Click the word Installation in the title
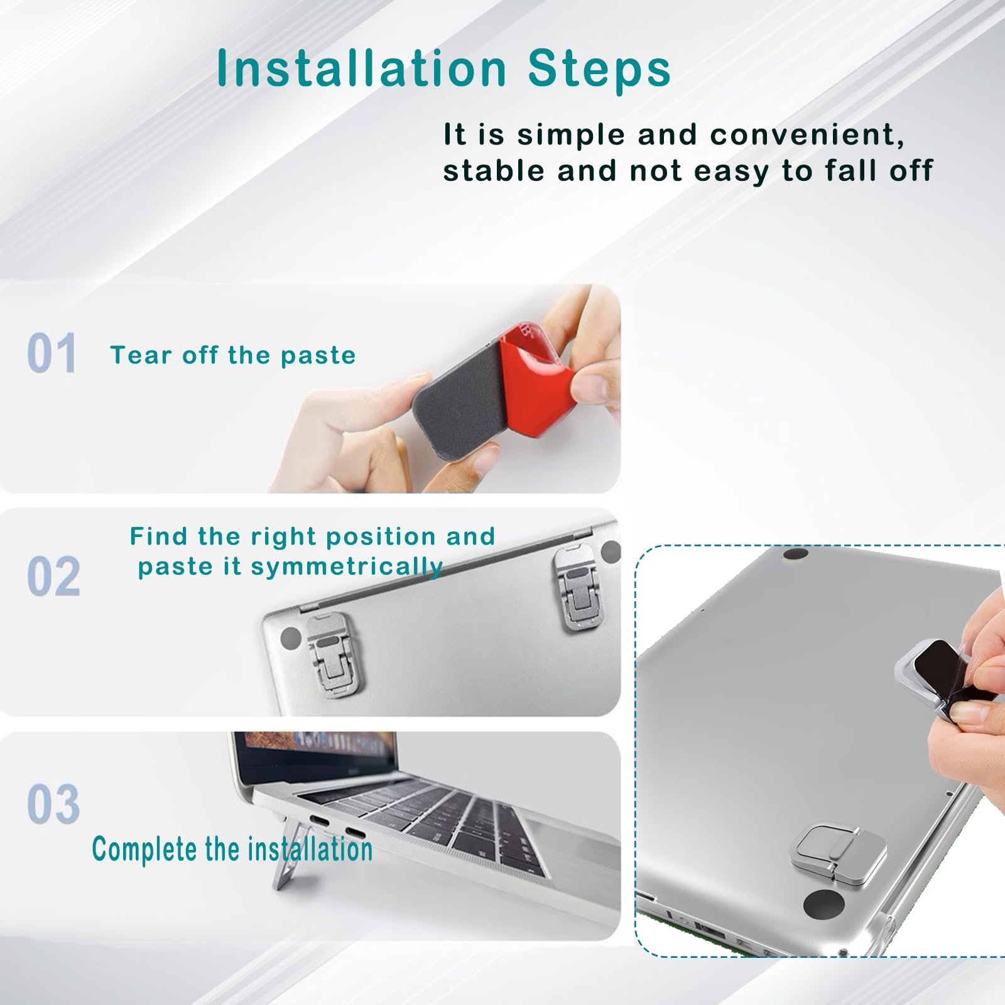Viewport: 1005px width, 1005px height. (x=361, y=68)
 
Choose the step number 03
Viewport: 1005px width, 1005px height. (x=53, y=803)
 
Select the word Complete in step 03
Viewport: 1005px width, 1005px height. (x=146, y=849)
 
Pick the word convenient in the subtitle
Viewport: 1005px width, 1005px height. (x=807, y=135)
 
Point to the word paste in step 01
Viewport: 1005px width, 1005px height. (x=318, y=356)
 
